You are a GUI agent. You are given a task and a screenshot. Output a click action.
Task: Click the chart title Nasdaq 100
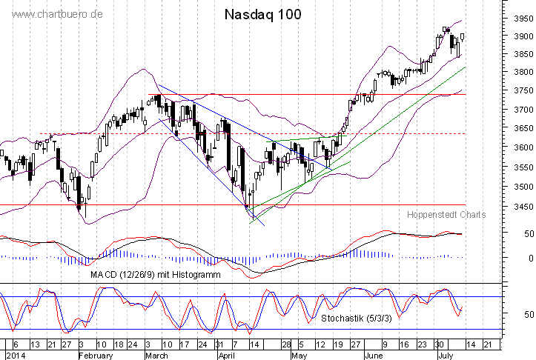click(x=262, y=15)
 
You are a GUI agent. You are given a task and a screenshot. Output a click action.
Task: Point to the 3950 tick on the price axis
click(x=522, y=19)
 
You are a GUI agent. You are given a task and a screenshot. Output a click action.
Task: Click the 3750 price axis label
click(x=522, y=91)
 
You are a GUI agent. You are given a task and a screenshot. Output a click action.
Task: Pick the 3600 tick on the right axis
click(x=522, y=148)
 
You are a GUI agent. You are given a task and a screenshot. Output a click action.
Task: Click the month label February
click(x=96, y=355)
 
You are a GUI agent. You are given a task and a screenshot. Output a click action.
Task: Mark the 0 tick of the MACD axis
click(x=527, y=258)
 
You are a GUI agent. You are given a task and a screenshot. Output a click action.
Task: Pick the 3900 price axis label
click(x=522, y=36)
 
